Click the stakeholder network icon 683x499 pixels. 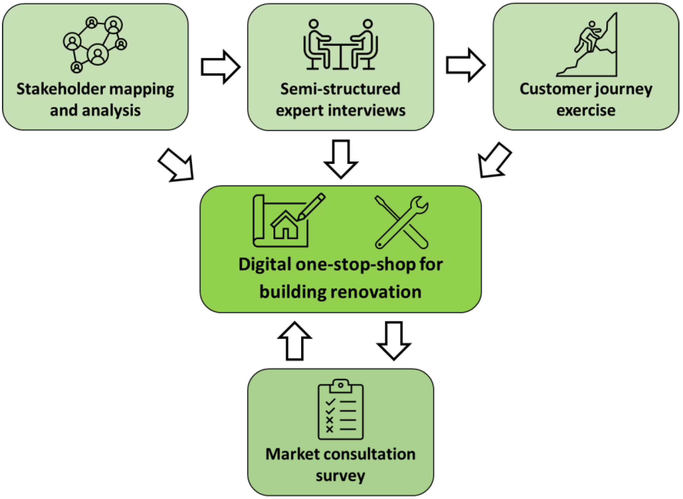pyautogui.click(x=95, y=45)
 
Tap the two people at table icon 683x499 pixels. pyautogui.click(x=341, y=45)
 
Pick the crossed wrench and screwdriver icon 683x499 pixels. pyautogui.click(x=401, y=222)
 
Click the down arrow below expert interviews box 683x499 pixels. pyautogui.click(x=341, y=159)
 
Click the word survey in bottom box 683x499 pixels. pyautogui.click(x=340, y=476)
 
